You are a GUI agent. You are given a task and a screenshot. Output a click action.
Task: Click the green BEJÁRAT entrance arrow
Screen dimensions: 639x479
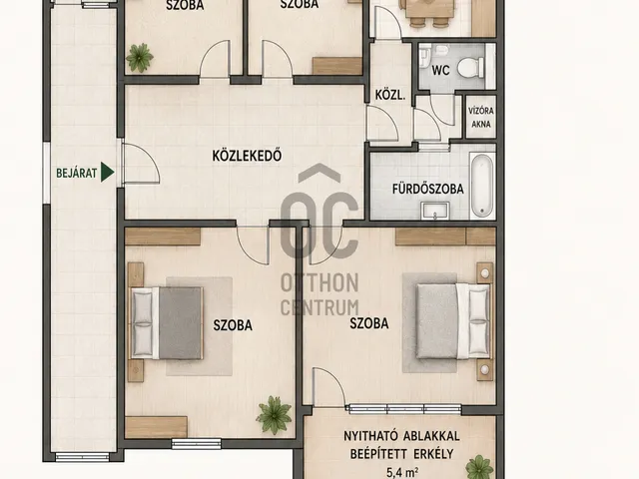pyautogui.click(x=107, y=173)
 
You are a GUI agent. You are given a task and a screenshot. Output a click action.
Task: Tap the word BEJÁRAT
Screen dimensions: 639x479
pyautogui.click(x=77, y=173)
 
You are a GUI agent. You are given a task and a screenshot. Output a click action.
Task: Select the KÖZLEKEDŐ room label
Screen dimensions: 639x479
pyautogui.click(x=247, y=156)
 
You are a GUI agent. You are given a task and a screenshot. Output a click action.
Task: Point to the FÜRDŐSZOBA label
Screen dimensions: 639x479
pyautogui.click(x=428, y=189)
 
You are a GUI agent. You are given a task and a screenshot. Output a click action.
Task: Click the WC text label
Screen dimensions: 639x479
pyautogui.click(x=440, y=70)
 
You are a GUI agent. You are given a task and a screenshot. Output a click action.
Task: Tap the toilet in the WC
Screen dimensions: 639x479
pyautogui.click(x=470, y=68)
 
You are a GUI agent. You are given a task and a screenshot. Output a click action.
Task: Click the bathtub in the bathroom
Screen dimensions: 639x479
pyautogui.click(x=482, y=186)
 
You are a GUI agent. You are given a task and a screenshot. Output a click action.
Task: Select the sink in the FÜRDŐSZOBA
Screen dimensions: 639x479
pyautogui.click(x=435, y=211)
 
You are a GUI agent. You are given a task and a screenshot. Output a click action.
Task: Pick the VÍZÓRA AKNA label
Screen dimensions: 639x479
pyautogui.click(x=481, y=118)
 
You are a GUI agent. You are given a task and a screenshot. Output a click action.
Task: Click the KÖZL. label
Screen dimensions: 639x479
pyautogui.click(x=390, y=96)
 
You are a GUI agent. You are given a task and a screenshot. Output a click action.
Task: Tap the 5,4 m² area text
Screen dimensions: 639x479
pyautogui.click(x=401, y=472)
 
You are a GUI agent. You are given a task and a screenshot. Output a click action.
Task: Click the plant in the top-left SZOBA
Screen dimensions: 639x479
pyautogui.click(x=140, y=58)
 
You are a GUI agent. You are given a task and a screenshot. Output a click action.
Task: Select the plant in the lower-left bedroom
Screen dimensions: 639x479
pyautogui.click(x=274, y=415)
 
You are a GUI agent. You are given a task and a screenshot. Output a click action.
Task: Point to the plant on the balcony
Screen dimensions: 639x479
pyautogui.click(x=479, y=467)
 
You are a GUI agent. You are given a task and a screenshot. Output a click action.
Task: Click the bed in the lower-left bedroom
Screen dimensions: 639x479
pyautogui.click(x=167, y=323)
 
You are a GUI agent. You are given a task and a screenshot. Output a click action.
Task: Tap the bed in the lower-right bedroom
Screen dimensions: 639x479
pyautogui.click(x=453, y=321)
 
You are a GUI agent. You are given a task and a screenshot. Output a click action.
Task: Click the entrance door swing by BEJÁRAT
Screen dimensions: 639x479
pyautogui.click(x=142, y=164)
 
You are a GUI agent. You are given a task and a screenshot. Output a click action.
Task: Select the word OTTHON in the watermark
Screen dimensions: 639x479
pyautogui.click(x=319, y=282)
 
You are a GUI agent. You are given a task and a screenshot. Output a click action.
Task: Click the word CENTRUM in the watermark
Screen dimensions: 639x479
pyautogui.click(x=319, y=307)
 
